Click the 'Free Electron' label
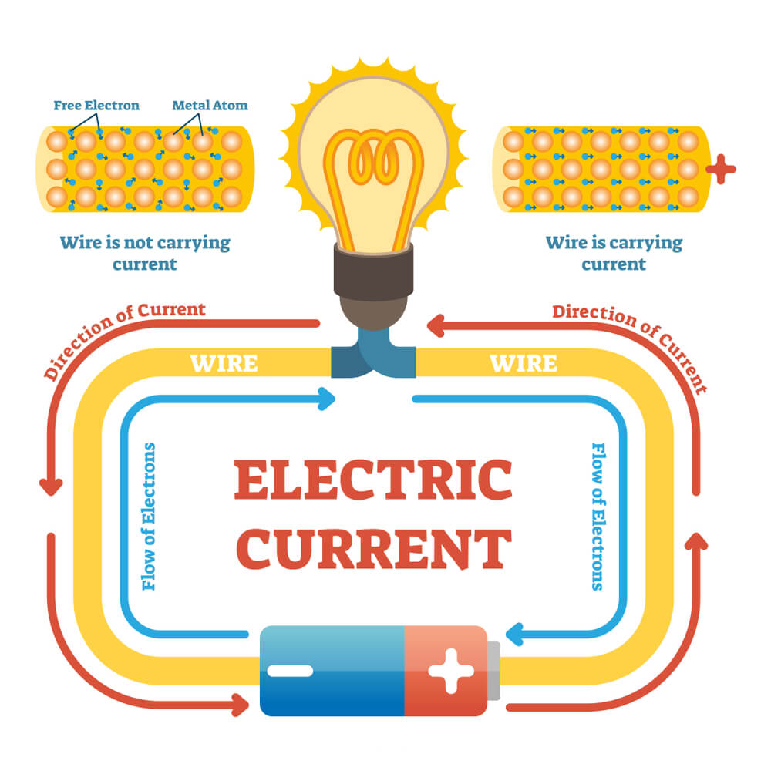click(x=96, y=105)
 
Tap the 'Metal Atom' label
click(x=210, y=105)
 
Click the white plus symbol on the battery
click(x=451, y=671)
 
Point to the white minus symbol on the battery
click(x=290, y=671)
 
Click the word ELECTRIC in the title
click(x=372, y=480)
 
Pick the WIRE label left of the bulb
click(x=224, y=362)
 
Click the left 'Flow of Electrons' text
click(x=149, y=516)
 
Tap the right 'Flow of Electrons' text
click(x=598, y=516)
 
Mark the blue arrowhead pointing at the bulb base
click(x=328, y=399)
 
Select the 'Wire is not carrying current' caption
click(x=145, y=253)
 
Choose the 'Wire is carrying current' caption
click(x=614, y=253)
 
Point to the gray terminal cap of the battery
click(x=493, y=671)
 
